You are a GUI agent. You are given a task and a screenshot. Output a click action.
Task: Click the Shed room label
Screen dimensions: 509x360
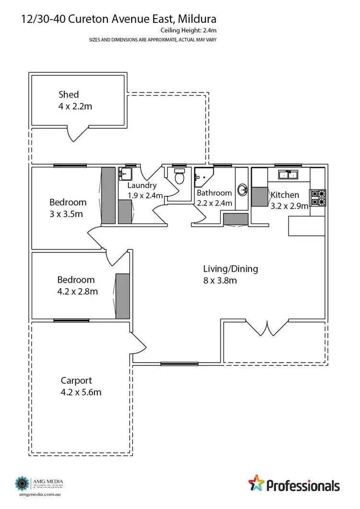[x=69, y=94]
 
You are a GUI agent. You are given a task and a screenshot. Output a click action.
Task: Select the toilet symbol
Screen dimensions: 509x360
[x=180, y=178]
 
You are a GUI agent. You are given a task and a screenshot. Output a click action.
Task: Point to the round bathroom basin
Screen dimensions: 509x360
[x=243, y=190]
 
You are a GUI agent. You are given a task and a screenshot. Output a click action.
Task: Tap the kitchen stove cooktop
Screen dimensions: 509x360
[x=319, y=199]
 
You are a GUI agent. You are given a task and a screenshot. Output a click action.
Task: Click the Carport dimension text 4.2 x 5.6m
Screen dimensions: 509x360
[x=81, y=392]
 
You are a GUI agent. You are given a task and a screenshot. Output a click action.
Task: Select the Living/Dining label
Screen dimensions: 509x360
[x=230, y=269]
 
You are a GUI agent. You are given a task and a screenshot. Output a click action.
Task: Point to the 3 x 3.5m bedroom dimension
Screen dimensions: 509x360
[x=66, y=214]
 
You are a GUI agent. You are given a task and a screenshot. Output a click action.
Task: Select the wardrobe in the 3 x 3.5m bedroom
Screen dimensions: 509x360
[x=108, y=195]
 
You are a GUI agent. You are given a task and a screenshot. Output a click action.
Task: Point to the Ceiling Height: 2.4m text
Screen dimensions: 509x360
[x=188, y=30]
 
